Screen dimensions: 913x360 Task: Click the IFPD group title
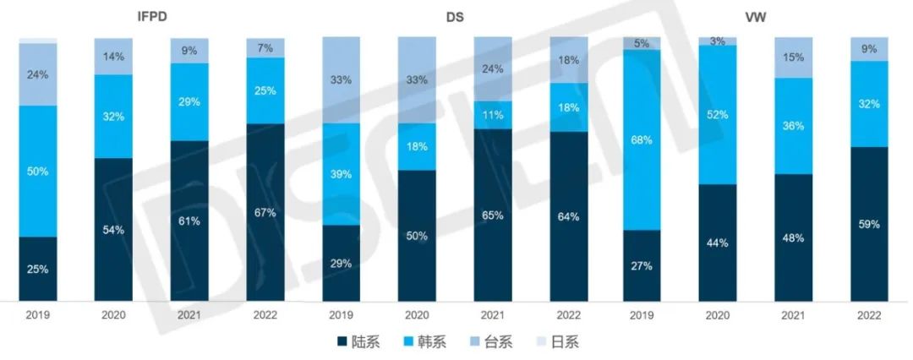152,17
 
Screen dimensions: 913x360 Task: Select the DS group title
456,17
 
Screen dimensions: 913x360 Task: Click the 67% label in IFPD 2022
265,213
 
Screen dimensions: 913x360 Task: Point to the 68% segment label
642,140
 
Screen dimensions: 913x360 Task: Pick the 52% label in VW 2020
718,115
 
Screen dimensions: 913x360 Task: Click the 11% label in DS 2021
493,115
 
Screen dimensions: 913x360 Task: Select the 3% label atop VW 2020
718,41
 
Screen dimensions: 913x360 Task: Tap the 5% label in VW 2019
642,43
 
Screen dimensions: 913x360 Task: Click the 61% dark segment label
190,221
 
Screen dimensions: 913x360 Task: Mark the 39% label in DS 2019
342,174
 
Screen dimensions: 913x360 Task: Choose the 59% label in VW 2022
869,224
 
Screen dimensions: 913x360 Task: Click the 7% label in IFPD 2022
265,48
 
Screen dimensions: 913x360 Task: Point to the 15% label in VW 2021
793,57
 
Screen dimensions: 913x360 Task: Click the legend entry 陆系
358,342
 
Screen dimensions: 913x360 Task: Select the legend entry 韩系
425,342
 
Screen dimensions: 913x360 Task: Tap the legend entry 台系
491,342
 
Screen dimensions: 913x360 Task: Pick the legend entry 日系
558,342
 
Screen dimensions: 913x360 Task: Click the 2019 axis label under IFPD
38,316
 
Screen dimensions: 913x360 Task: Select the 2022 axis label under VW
869,316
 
